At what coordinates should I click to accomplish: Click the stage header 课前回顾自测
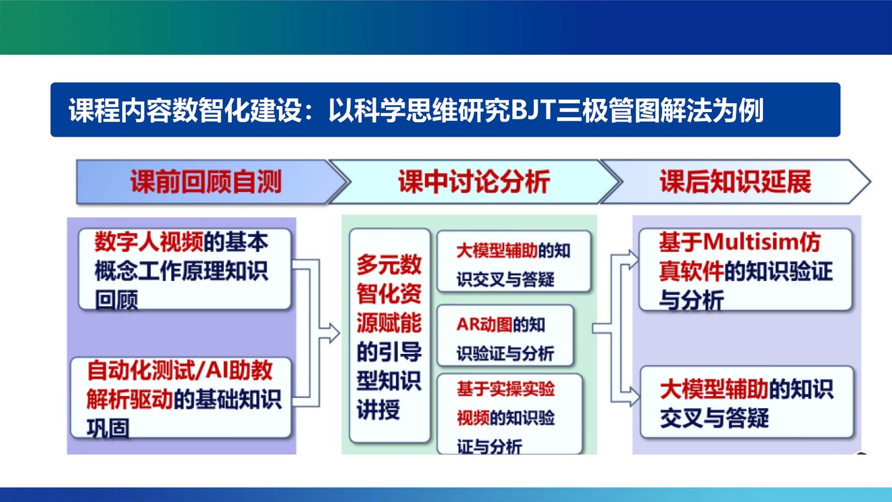(x=205, y=182)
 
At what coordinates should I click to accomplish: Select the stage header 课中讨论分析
(x=473, y=182)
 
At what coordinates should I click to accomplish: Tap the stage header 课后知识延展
(x=735, y=182)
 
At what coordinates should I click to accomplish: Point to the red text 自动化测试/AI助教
(x=180, y=370)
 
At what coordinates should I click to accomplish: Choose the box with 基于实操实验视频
(x=509, y=414)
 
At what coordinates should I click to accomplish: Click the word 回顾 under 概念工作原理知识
(x=116, y=300)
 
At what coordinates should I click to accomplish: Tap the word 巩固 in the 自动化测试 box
(x=108, y=428)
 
